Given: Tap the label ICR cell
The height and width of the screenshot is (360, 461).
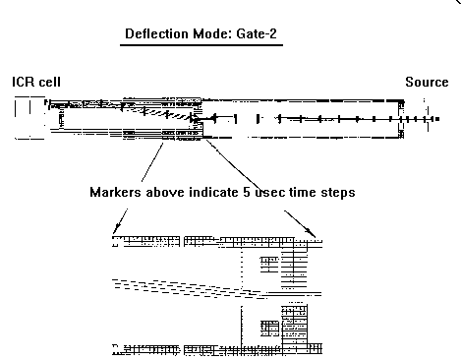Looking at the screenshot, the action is click(36, 82).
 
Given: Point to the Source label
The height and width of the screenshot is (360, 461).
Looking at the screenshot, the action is click(427, 82).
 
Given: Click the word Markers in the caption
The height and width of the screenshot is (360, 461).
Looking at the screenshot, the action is click(115, 192).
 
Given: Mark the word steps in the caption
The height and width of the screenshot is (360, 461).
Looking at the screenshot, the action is click(338, 193).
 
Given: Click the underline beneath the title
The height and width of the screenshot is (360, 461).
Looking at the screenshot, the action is click(202, 44).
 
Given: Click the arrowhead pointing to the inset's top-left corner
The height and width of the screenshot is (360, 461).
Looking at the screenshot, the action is click(116, 228).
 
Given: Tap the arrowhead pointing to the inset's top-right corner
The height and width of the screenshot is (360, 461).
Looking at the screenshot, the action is click(311, 232).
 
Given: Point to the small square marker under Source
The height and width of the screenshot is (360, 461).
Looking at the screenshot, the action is click(437, 119).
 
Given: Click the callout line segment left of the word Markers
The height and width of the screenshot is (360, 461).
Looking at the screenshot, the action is click(152, 162).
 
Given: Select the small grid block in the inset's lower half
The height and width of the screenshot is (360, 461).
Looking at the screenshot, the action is click(270, 329).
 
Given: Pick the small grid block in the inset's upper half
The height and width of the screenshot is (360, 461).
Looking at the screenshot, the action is click(270, 265).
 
